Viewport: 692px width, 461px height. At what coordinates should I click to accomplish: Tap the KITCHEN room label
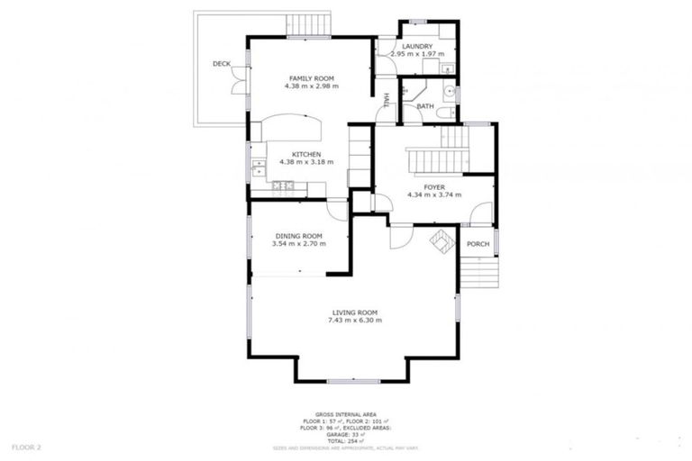pos(306,154)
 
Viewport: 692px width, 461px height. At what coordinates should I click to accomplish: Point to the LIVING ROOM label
pos(354,312)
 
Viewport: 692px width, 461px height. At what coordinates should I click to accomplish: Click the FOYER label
pos(434,186)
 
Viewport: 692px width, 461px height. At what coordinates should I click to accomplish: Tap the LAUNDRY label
pos(417,46)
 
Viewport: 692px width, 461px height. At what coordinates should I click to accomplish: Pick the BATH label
pos(425,106)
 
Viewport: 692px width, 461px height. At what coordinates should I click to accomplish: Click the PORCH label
pos(478,244)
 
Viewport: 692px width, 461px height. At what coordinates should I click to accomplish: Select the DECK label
pos(222,64)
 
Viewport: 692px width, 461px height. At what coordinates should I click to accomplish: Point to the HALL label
pos(387,100)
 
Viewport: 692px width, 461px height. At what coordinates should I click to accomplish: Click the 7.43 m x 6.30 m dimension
pos(354,320)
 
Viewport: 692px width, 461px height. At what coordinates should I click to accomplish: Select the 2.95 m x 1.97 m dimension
pos(417,54)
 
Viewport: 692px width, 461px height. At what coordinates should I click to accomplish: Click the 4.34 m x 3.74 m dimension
pos(434,194)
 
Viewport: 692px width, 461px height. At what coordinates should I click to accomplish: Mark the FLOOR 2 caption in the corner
pos(27,447)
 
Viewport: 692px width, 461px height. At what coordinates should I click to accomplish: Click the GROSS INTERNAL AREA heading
pos(346,414)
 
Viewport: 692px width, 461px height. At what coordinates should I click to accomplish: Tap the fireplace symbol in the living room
pos(442,240)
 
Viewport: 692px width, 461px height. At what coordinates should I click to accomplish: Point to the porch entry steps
pos(479,271)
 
